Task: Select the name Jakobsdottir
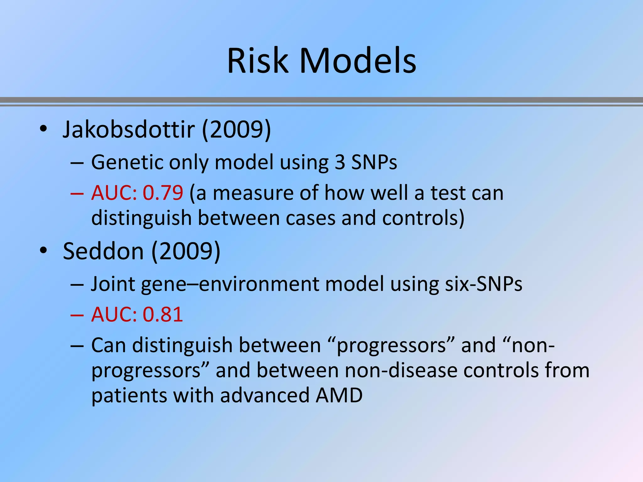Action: [x=129, y=129]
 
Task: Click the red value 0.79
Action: [x=163, y=193]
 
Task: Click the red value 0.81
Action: [x=163, y=314]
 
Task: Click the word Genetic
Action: [x=127, y=162]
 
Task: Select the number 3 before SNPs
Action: [x=340, y=162]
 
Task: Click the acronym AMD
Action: [x=339, y=395]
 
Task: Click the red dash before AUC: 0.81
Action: [x=77, y=315]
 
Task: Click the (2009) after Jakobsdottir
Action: [x=236, y=129]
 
